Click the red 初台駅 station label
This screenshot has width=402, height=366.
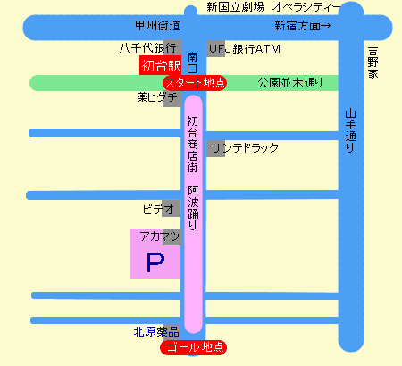(160, 65)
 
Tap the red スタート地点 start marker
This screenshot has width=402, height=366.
(195, 83)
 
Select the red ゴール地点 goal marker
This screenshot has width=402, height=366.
(194, 347)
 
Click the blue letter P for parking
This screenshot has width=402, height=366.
(155, 262)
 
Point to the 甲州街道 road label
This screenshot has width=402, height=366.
(157, 26)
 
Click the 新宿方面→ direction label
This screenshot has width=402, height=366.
(303, 26)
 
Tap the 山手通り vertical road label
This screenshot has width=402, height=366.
(351, 131)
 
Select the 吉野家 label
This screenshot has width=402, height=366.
(373, 62)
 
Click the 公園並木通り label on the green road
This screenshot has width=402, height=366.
(290, 83)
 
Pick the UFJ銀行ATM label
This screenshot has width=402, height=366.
(245, 49)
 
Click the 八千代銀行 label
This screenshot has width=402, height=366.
(148, 48)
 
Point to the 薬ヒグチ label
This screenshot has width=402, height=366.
(157, 97)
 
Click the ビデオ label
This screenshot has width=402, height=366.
(158, 210)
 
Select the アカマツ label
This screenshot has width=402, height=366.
(160, 237)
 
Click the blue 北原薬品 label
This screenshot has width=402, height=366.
(156, 331)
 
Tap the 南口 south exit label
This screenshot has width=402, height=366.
(192, 62)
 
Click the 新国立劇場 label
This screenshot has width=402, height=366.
(235, 6)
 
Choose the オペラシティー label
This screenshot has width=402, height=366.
(306, 7)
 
